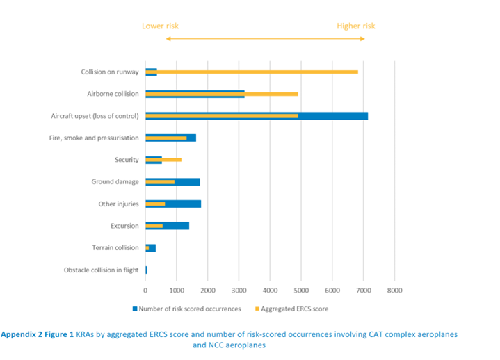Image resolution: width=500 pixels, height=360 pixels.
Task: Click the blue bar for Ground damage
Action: [187, 181]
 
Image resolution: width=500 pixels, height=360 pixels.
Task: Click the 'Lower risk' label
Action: [160, 26]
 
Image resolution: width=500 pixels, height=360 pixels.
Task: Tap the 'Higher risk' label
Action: [356, 26]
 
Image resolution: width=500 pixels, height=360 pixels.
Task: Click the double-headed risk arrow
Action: [265, 38]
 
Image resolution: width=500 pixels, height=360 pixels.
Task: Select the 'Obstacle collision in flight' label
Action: [101, 270]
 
